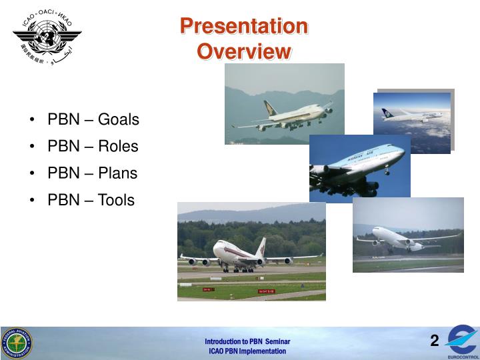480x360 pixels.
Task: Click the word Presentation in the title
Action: coord(244,27)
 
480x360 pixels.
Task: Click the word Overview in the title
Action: coord(244,51)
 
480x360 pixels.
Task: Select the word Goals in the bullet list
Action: coord(119,120)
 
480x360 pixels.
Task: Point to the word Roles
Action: coord(118,147)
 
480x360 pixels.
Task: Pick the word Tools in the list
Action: coord(116,200)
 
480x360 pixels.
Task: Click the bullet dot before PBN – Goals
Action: coord(33,121)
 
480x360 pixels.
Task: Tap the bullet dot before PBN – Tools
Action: coord(33,201)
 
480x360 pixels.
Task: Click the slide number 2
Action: coord(434,342)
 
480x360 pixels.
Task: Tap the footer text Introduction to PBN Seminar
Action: coord(247,341)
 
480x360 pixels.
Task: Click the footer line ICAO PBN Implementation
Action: coord(247,351)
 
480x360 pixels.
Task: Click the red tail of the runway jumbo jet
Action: coord(260,247)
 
